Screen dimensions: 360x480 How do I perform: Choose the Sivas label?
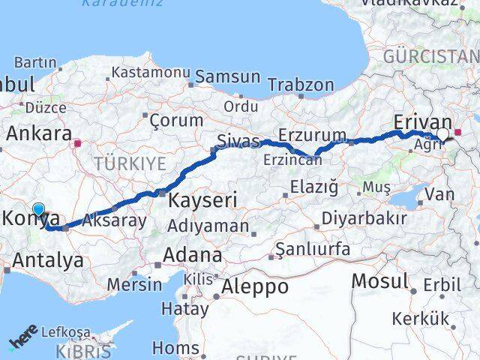[238, 140]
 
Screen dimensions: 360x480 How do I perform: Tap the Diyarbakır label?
[364, 218]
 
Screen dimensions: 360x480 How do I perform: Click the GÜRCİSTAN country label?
[430, 57]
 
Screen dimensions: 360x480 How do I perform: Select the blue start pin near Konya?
[39, 211]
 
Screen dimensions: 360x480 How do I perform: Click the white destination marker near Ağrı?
[442, 135]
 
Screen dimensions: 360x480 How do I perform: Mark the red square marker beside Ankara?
[77, 139]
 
